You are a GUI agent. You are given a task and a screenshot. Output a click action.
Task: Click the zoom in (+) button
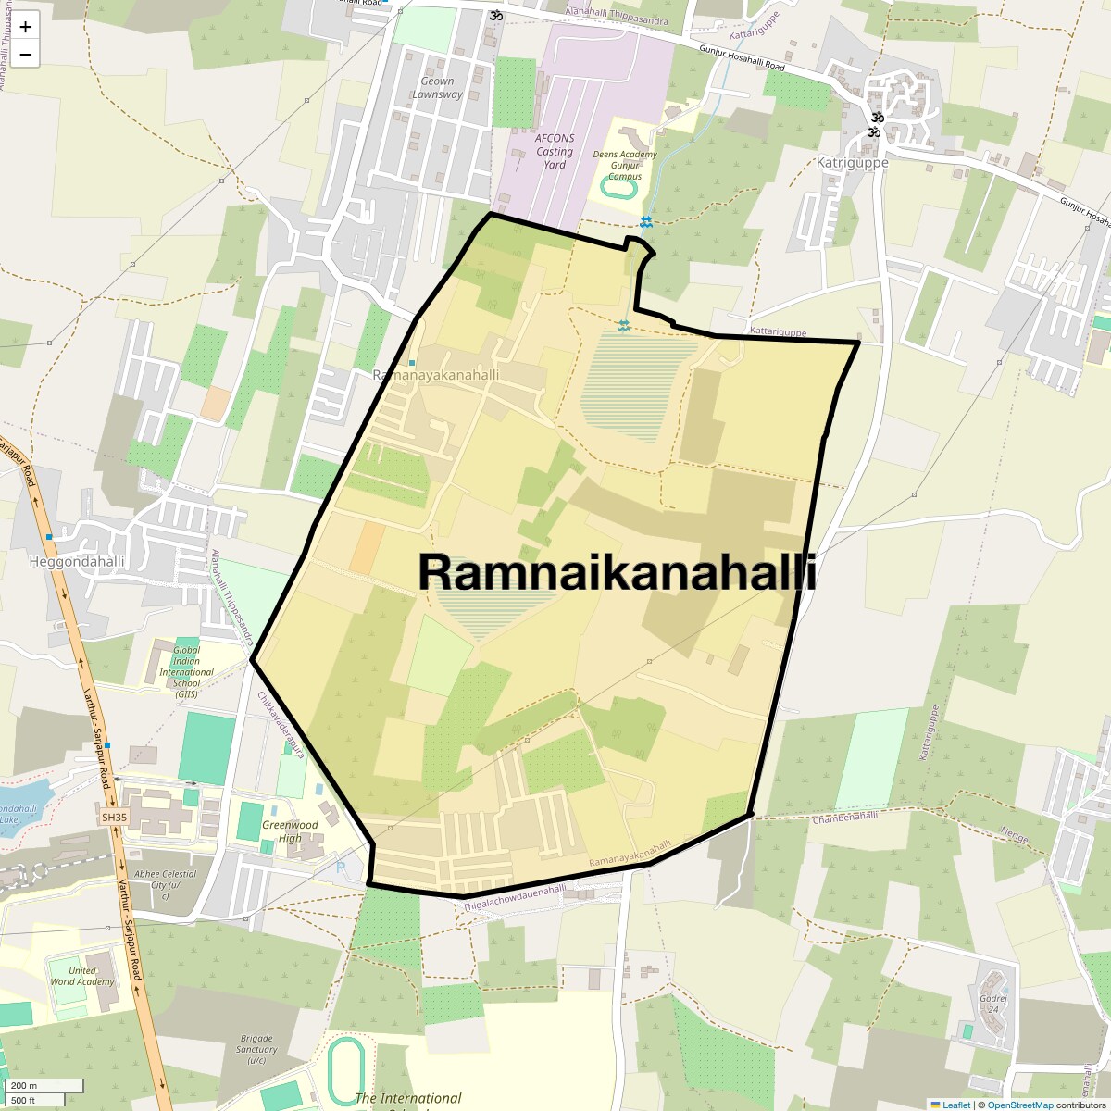tap(25, 27)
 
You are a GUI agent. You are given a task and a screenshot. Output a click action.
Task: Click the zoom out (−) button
tap(25, 55)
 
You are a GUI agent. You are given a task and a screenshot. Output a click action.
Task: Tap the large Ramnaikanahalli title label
tap(617, 572)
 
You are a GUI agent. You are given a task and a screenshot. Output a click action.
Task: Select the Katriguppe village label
tap(852, 162)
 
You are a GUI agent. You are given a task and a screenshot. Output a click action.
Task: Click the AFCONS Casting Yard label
tap(555, 151)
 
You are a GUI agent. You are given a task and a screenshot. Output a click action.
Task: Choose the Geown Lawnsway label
tap(437, 88)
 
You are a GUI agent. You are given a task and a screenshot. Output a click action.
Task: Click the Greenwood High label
tap(290, 831)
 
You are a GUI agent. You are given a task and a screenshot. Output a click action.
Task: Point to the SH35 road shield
tap(114, 818)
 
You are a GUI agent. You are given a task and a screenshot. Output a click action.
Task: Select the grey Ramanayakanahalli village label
tap(435, 375)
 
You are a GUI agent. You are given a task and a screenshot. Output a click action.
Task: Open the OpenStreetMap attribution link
tap(1019, 1105)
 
